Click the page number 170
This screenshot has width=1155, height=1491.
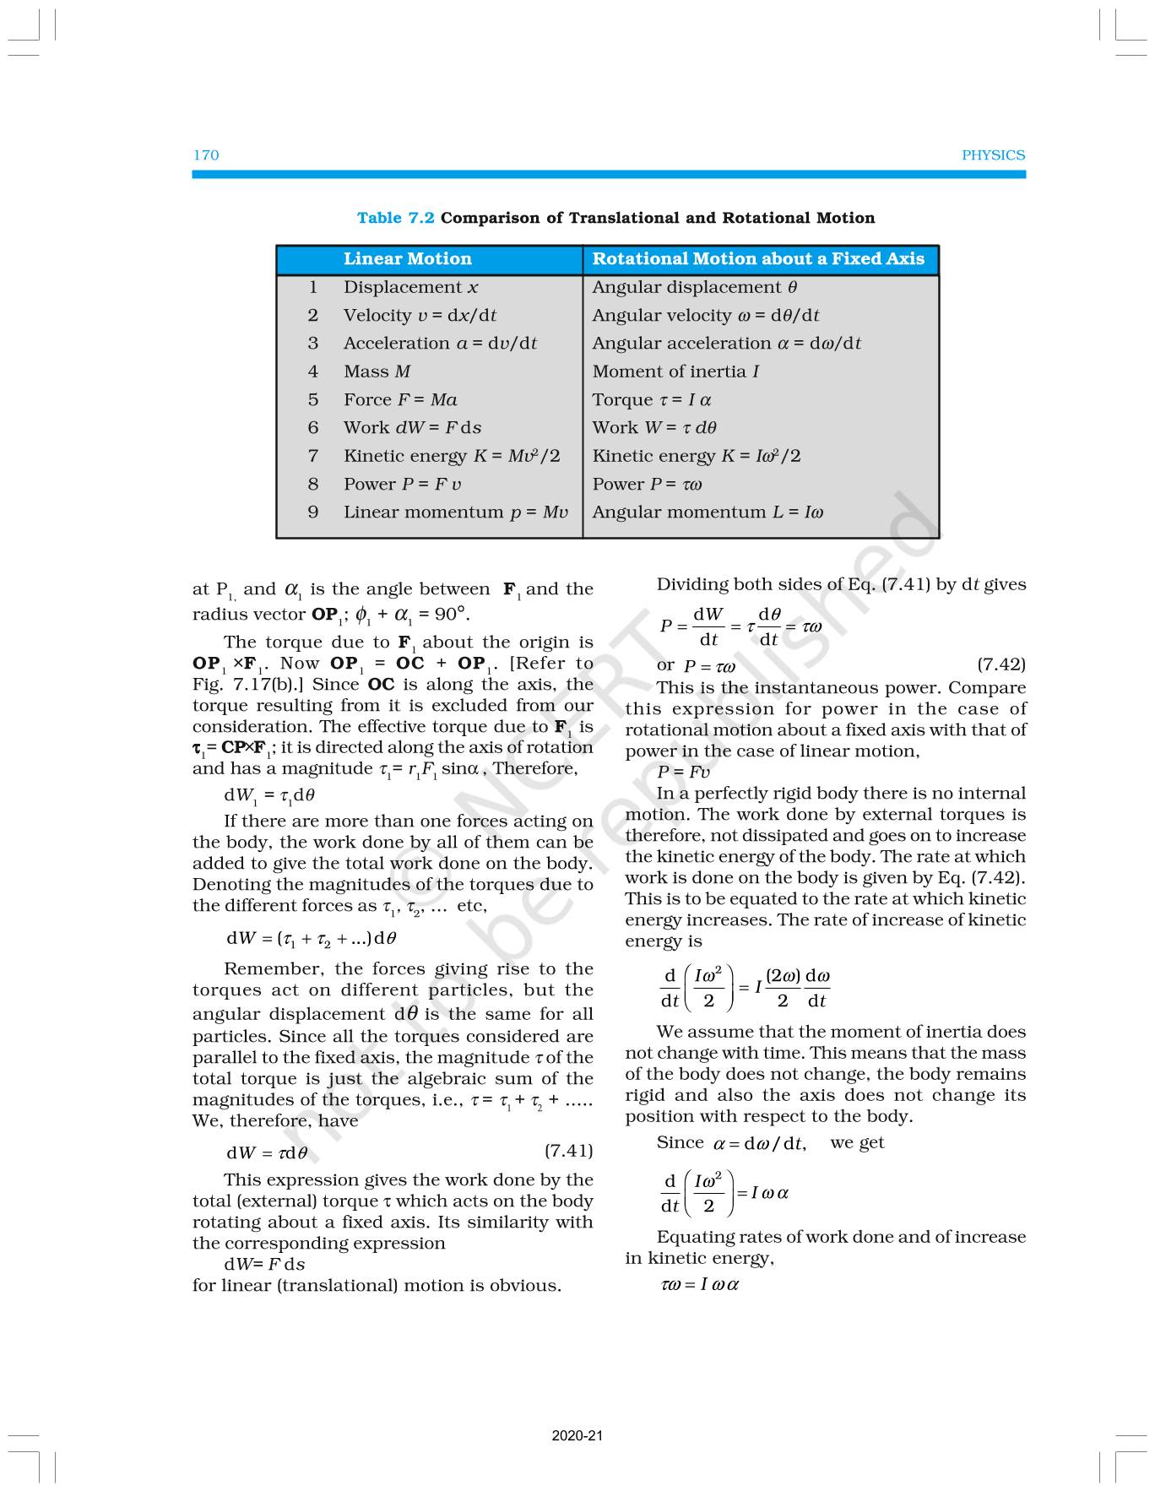(206, 155)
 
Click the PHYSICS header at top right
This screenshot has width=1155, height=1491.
(993, 155)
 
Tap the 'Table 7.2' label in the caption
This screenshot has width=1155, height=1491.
(395, 218)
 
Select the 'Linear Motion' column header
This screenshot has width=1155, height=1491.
(407, 259)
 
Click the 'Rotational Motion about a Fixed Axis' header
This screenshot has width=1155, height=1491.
(758, 259)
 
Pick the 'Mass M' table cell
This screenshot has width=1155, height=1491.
(377, 371)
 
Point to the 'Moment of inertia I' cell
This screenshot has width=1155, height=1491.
(675, 371)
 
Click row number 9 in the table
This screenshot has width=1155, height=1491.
(313, 512)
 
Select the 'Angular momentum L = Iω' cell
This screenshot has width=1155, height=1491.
(708, 512)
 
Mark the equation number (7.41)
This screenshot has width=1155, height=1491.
(568, 1150)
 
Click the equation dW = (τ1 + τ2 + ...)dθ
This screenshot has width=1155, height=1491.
(311, 938)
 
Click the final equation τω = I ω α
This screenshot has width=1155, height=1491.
(699, 1285)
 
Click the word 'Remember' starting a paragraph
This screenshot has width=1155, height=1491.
(273, 969)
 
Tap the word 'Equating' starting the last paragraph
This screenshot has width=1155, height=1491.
(695, 1237)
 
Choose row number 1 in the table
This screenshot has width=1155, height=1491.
(313, 288)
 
